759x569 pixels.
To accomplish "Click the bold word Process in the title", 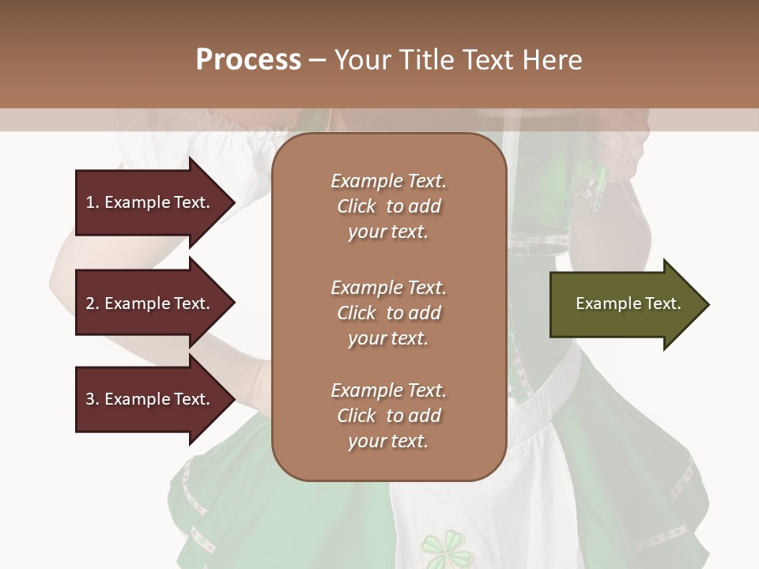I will click(248, 60).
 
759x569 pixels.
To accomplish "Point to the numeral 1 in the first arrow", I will click(90, 202).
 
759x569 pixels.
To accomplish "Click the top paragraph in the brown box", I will click(388, 206).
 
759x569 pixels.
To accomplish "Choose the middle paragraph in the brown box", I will click(388, 313).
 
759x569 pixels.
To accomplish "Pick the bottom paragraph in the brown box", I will click(388, 416).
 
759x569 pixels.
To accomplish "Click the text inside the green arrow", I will click(628, 303).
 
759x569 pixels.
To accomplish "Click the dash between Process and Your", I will click(317, 61).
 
